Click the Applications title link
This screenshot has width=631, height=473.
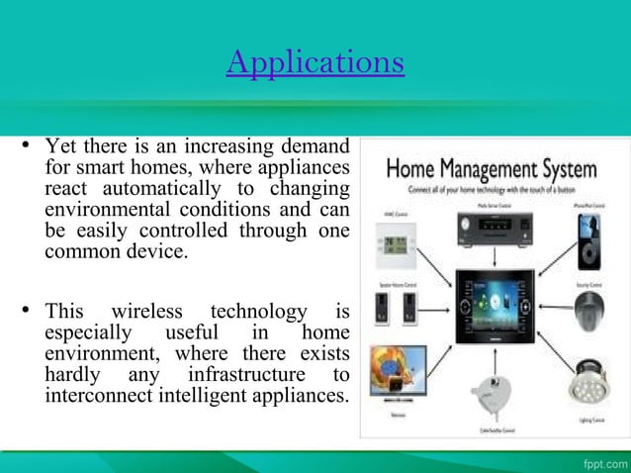[315, 63]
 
